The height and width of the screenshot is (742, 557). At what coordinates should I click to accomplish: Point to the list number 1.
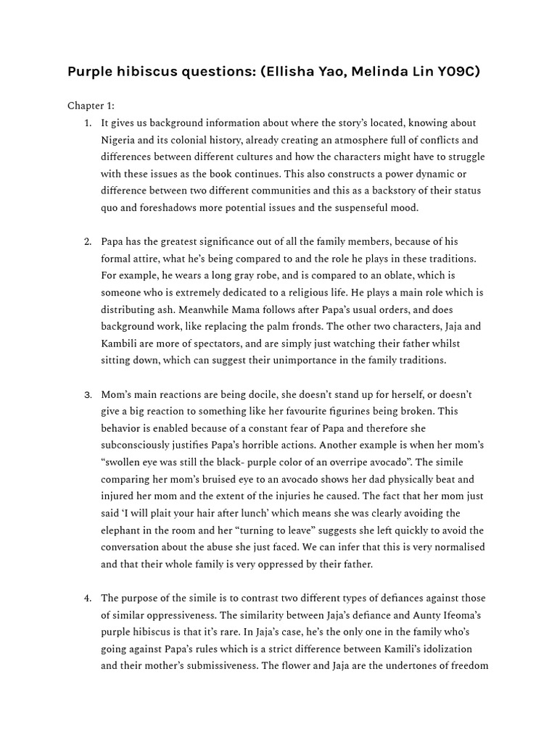click(x=88, y=123)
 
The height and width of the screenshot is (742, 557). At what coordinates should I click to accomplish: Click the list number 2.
click(x=88, y=242)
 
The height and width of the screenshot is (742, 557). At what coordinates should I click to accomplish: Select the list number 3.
click(x=88, y=395)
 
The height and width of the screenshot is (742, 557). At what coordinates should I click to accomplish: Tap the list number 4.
click(x=88, y=599)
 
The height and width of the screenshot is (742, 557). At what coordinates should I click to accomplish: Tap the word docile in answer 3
click(x=258, y=395)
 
